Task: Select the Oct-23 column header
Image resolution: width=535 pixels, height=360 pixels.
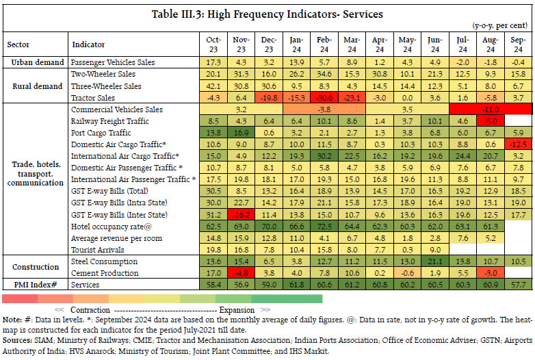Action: pyautogui.click(x=213, y=44)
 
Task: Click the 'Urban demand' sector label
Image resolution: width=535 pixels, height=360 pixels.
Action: pyautogui.click(x=34, y=62)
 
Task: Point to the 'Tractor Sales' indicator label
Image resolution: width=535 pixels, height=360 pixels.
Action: pyautogui.click(x=94, y=98)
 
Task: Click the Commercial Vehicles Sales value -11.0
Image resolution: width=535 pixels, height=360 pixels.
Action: pyautogui.click(x=490, y=110)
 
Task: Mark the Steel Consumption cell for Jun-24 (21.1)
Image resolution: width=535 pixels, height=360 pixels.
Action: pyautogui.click(x=434, y=261)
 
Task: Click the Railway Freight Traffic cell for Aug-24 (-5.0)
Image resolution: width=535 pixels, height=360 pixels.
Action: pyautogui.click(x=490, y=121)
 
